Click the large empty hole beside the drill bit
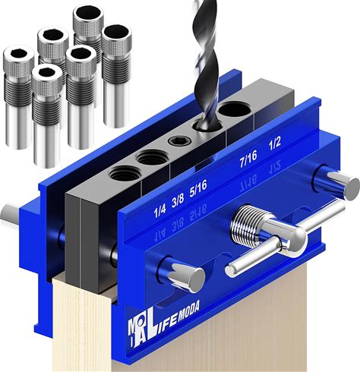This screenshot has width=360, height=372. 235,110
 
